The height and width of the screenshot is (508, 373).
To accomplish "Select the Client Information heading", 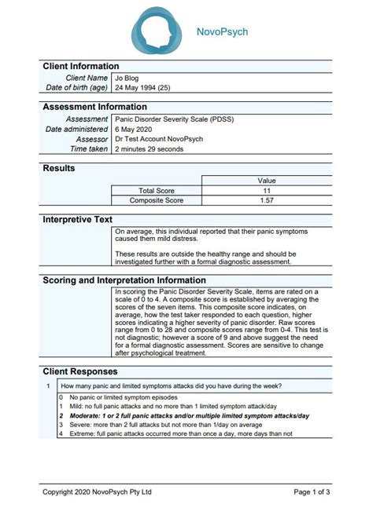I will (80, 66).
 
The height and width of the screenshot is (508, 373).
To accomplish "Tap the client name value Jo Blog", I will (127, 78).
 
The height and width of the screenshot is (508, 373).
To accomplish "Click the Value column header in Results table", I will (266, 180).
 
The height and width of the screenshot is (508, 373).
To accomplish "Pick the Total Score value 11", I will (266, 190).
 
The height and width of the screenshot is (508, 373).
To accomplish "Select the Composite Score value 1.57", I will (266, 200).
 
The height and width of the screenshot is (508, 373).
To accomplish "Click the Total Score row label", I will (157, 190).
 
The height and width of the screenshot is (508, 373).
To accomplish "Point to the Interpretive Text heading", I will (77, 219).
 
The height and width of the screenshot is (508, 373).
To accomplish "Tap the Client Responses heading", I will (80, 371).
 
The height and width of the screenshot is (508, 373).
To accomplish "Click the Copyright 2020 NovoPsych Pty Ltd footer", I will (97, 492).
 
